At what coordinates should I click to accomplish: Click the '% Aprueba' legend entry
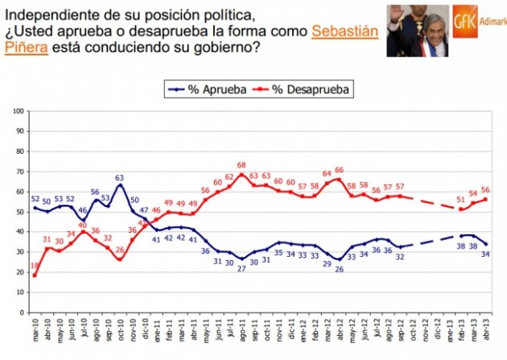click(x=205, y=89)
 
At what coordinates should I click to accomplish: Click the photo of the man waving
click(x=417, y=30)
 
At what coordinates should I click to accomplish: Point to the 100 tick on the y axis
click(x=19, y=111)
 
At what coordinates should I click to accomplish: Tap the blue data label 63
click(x=119, y=178)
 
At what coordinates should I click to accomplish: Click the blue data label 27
click(x=241, y=268)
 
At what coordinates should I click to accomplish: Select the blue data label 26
click(x=339, y=269)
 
